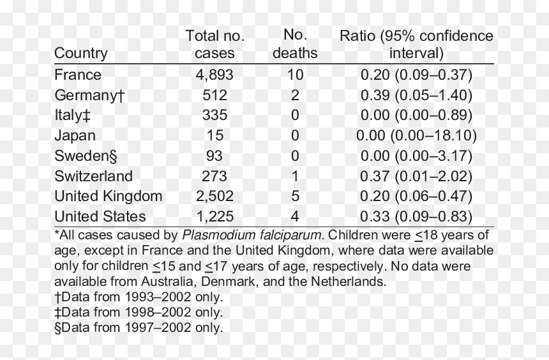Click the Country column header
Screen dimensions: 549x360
point(81,54)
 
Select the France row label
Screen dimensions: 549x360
point(78,75)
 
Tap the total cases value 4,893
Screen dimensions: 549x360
point(214,75)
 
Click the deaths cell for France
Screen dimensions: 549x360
point(295,75)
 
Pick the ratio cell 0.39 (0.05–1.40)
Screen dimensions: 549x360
point(416,95)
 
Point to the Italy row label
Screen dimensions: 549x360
point(73,116)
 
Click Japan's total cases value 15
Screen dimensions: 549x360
point(214,135)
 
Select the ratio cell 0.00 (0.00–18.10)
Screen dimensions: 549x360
point(416,135)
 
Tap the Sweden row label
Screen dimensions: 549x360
point(86,156)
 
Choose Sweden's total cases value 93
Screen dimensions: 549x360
point(214,156)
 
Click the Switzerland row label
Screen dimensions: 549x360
point(93,176)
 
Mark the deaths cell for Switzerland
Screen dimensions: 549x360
point(295,176)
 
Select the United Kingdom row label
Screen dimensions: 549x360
point(108,197)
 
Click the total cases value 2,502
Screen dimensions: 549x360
point(214,197)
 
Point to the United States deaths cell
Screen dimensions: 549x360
point(295,216)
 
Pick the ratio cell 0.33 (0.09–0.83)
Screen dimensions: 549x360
point(416,217)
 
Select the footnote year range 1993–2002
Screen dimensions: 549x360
point(158,297)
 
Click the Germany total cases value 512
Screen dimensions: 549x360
point(214,95)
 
